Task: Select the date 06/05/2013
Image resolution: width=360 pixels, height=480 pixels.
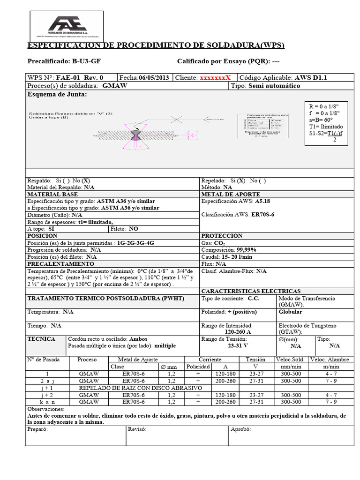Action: (x=154, y=78)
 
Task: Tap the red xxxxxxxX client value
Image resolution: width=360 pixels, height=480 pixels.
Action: (x=215, y=78)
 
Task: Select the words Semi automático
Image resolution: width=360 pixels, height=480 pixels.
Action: (x=274, y=86)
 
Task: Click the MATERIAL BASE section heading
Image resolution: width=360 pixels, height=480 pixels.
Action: (x=52, y=194)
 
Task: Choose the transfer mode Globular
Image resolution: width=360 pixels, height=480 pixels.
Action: (x=291, y=312)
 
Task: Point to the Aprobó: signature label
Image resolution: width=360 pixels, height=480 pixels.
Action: (x=240, y=429)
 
